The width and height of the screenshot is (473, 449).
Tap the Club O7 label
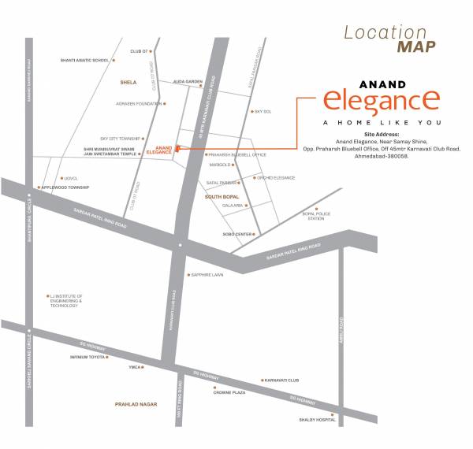click(139, 51)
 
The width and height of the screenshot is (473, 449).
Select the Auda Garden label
click(188, 82)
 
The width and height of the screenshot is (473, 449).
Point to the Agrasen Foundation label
click(137, 103)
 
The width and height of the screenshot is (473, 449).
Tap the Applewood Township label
click(65, 187)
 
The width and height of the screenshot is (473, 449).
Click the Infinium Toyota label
click(88, 357)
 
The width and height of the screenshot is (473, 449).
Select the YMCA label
click(136, 367)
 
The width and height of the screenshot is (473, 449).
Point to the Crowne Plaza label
click(230, 391)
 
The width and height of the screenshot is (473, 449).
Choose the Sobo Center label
click(237, 234)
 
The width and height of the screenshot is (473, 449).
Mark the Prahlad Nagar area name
click(136, 404)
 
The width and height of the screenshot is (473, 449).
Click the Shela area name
click(128, 81)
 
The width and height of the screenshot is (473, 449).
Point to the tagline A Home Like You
click(377, 123)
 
